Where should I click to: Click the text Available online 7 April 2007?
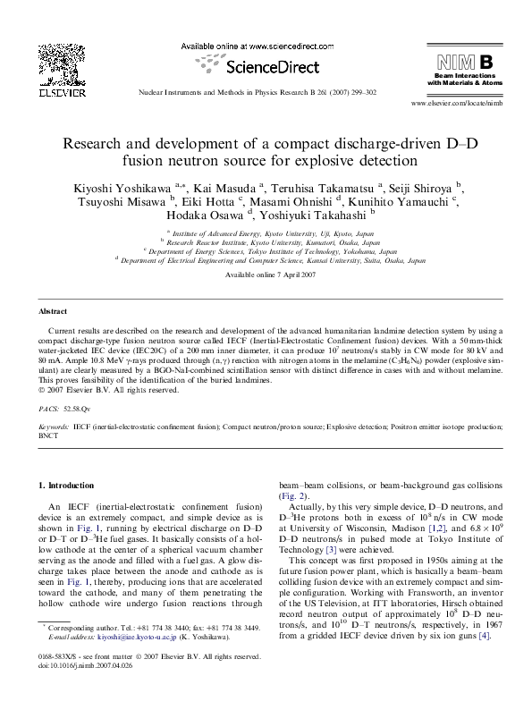[x=266, y=275]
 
